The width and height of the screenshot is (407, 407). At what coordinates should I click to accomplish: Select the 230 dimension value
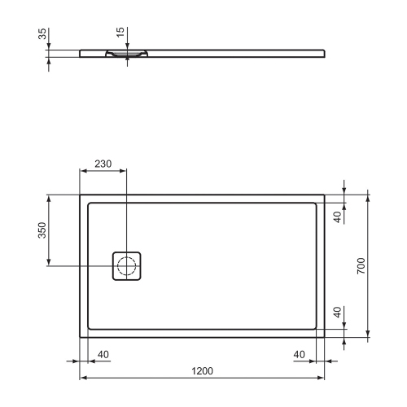(103, 164)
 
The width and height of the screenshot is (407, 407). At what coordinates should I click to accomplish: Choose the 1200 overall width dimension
(202, 371)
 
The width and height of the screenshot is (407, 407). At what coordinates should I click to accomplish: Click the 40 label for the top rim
(338, 216)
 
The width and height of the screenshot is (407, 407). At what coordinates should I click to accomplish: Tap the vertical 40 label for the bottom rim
(338, 313)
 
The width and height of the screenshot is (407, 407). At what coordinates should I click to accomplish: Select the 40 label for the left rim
(103, 354)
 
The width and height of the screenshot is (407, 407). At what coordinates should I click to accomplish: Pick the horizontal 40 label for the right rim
(299, 354)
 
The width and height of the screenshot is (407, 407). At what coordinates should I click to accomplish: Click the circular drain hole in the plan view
(127, 265)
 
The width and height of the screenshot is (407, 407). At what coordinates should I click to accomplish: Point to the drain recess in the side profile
(126, 55)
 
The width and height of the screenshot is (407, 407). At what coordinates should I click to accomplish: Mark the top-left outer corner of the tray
(79, 195)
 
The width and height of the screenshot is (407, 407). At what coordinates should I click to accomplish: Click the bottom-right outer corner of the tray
(326, 335)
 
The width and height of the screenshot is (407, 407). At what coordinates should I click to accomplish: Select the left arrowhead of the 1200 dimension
(82, 379)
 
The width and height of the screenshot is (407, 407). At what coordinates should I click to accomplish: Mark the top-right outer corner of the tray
(326, 195)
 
